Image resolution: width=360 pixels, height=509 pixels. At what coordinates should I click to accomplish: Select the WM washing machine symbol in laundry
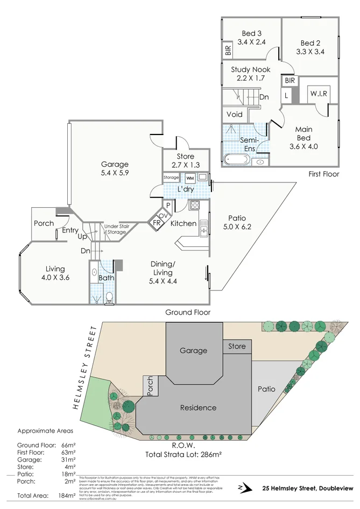(189, 178)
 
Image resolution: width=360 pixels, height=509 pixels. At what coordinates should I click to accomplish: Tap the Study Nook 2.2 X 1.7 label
(250, 74)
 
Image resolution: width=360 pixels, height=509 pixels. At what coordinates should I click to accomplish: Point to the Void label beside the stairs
(234, 115)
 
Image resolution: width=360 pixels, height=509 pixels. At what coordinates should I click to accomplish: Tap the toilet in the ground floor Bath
(109, 298)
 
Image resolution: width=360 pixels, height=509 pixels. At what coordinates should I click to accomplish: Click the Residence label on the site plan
(198, 407)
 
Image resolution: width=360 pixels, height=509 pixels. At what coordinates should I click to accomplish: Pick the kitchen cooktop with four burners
(194, 205)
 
